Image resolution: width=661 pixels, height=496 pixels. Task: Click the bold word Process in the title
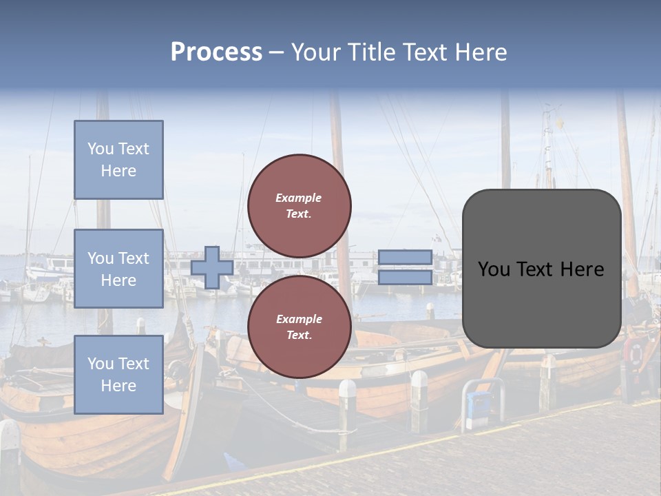click(216, 52)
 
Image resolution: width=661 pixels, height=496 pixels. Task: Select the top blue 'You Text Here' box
click(118, 160)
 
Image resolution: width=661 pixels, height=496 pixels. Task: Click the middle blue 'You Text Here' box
click(118, 269)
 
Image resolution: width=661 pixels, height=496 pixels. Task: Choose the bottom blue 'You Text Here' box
click(118, 374)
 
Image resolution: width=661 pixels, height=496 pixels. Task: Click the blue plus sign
click(212, 267)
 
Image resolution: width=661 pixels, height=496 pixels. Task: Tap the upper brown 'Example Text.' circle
click(299, 206)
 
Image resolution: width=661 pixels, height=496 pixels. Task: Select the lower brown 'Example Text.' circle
click(299, 327)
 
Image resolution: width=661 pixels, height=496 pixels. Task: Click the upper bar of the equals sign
click(405, 258)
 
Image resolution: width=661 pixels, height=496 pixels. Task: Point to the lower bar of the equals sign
click(405, 277)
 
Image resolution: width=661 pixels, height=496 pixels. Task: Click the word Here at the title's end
click(483, 52)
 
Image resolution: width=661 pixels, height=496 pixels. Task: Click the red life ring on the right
click(635, 353)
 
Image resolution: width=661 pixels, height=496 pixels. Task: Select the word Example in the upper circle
click(299, 198)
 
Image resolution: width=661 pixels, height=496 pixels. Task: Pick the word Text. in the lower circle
click(299, 335)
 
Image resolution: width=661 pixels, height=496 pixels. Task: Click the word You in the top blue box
click(101, 149)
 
